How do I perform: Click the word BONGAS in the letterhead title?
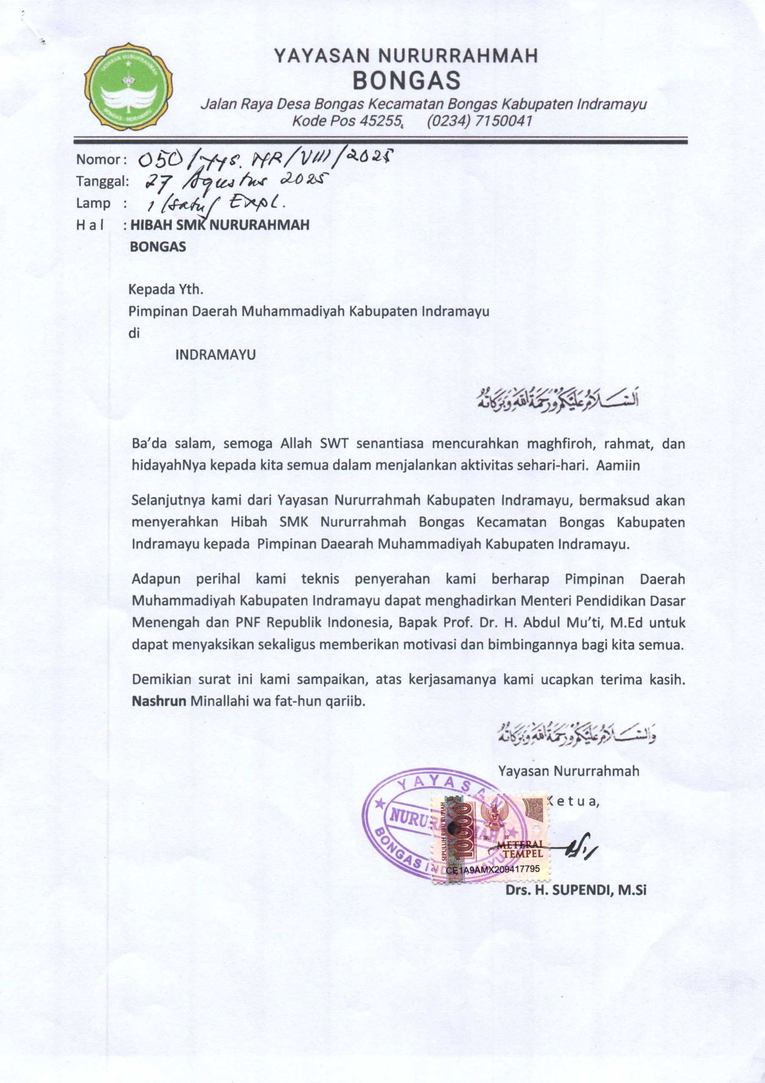407,81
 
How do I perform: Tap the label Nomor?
98,160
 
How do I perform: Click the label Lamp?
93,204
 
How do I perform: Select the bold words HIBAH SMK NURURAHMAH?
220,225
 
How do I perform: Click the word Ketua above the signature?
574,802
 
